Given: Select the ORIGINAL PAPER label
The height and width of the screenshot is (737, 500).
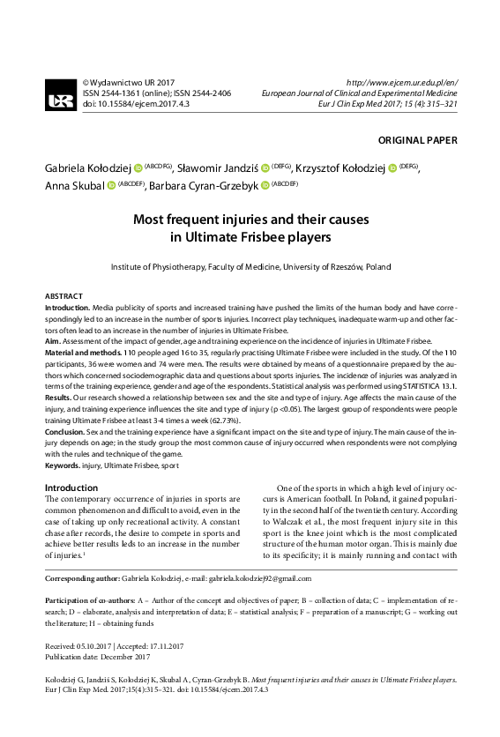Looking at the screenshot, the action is pos(417,140).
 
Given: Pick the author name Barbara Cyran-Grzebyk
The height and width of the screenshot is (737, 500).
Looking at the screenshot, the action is pos(204,186).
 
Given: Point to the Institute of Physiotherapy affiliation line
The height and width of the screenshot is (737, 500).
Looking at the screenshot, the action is pos(250,266).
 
